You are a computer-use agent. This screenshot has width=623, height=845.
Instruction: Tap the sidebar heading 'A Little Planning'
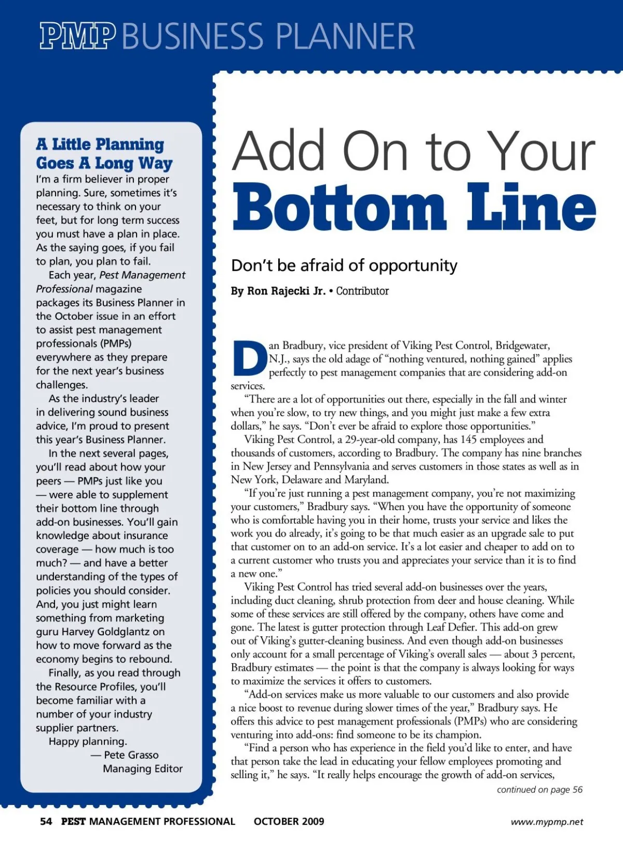point(100,144)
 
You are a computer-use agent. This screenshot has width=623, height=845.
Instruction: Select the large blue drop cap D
point(249,358)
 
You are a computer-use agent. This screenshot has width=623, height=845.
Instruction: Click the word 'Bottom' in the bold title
point(338,207)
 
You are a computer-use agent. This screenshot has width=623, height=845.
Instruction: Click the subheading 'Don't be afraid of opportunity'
point(344,265)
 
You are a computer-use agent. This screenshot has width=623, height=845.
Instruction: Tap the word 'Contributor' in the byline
point(362,291)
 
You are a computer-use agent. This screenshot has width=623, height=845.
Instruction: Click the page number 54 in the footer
point(46,822)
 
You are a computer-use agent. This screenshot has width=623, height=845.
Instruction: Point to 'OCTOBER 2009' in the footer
point(289,822)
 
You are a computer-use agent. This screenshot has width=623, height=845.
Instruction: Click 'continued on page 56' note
point(539,790)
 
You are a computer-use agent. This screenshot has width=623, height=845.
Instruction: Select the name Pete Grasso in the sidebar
point(131,755)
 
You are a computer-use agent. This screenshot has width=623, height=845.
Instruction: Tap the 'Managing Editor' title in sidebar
point(143,769)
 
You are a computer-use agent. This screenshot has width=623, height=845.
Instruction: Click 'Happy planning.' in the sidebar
point(88,741)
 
